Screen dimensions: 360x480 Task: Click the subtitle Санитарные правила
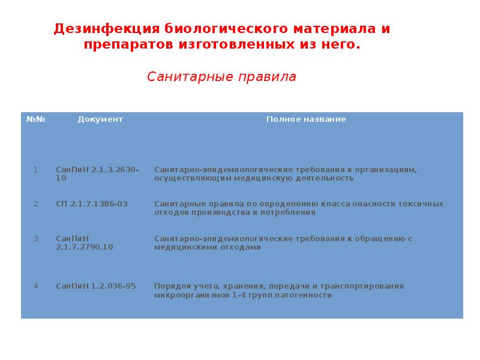tap(222, 77)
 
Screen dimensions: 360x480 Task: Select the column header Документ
tap(100, 119)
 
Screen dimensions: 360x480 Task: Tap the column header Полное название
tap(306, 119)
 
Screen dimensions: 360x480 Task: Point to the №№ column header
tap(36, 119)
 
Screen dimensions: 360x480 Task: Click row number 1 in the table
tap(35, 170)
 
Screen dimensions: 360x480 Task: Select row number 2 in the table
tap(35, 204)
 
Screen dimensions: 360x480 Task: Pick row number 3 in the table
tap(35, 239)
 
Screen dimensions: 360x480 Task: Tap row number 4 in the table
tap(35, 286)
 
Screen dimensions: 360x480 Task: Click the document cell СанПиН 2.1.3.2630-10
tap(97, 174)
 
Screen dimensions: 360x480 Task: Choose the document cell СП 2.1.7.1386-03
tap(91, 204)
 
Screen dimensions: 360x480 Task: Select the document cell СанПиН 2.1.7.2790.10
tap(85, 243)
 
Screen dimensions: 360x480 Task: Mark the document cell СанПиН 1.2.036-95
tap(96, 286)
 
